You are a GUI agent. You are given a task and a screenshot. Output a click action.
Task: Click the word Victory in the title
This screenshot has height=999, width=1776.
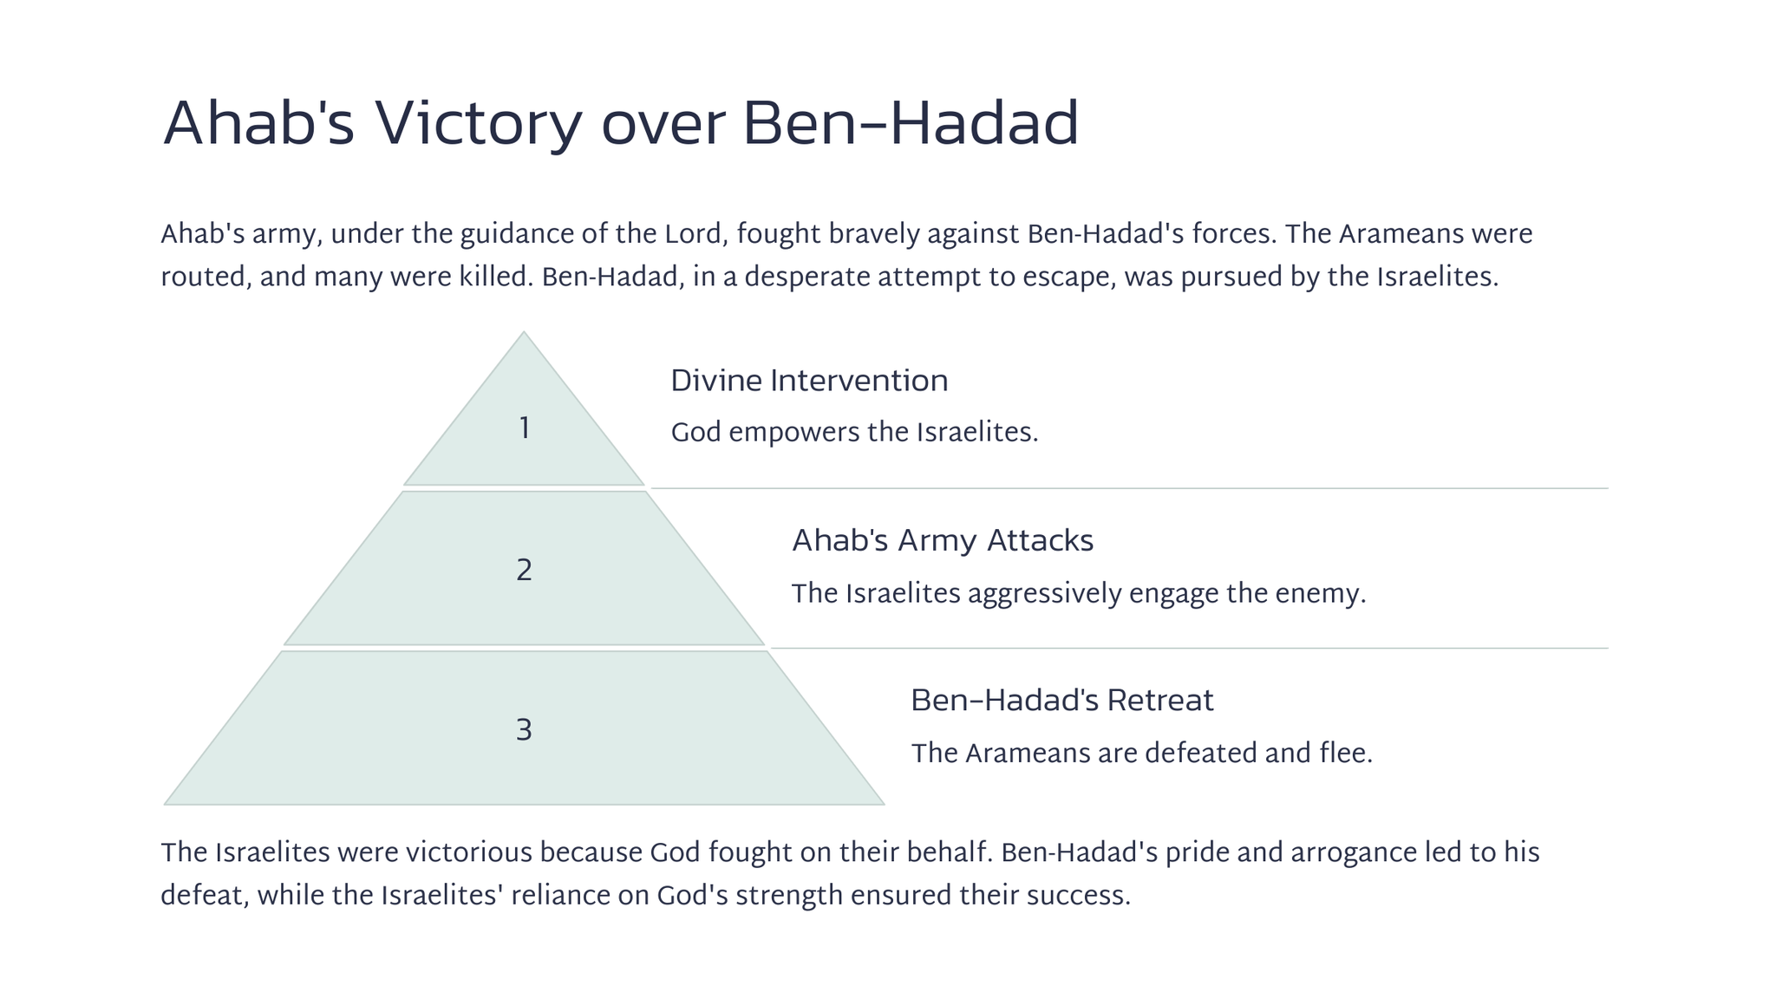point(478,124)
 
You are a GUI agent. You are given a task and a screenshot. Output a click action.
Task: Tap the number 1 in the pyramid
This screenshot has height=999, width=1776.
point(524,428)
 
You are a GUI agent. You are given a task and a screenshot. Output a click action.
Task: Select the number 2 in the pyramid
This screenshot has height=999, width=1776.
point(524,571)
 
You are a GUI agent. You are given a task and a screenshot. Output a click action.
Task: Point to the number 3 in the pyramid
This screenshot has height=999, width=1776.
point(524,730)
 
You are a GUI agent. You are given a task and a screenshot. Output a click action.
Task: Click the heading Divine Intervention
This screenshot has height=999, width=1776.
point(809,381)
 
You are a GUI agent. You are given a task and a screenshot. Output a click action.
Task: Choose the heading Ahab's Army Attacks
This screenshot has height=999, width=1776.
point(943,540)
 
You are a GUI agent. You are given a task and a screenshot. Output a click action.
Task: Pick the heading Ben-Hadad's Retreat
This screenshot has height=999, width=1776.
point(1061,700)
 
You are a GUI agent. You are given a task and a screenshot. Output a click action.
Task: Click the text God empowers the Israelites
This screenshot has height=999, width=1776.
point(854,432)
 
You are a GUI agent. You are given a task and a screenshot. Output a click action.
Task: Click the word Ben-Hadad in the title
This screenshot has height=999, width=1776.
point(911,124)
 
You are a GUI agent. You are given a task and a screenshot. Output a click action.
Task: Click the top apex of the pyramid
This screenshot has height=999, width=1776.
point(524,331)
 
